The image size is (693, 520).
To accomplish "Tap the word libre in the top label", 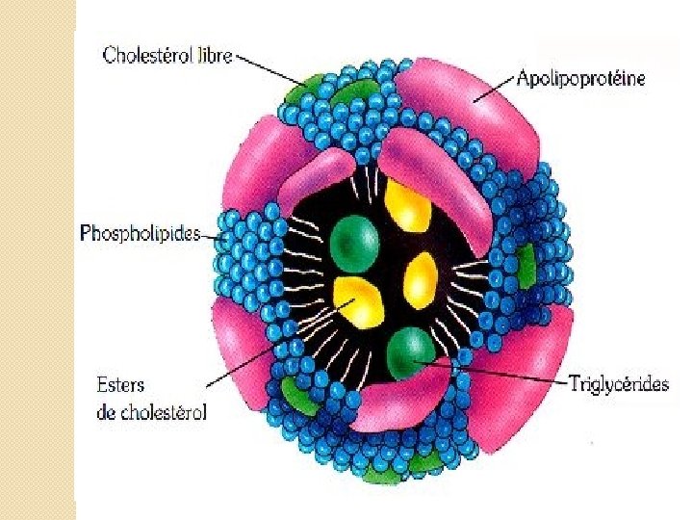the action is (213, 55).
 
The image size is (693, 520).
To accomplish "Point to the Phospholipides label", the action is (139, 234).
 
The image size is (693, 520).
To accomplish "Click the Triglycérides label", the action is (617, 384).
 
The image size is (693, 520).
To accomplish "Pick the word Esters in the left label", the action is (120, 384).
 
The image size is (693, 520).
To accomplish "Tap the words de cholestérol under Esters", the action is (152, 412).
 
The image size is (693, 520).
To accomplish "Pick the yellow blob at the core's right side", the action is (421, 279).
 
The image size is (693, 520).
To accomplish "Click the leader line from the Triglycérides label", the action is (491, 373).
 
